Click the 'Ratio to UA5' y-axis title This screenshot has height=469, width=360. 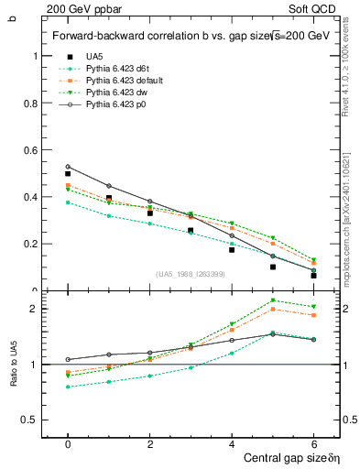coord(14,376)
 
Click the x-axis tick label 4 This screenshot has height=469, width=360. coord(232,444)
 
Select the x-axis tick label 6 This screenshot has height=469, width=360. coord(313,444)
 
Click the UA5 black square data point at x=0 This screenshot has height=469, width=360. coord(68,173)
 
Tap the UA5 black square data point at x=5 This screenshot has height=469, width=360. coord(273,267)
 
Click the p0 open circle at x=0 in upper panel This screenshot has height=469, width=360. coord(68,167)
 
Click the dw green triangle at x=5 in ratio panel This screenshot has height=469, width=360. coord(273,300)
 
